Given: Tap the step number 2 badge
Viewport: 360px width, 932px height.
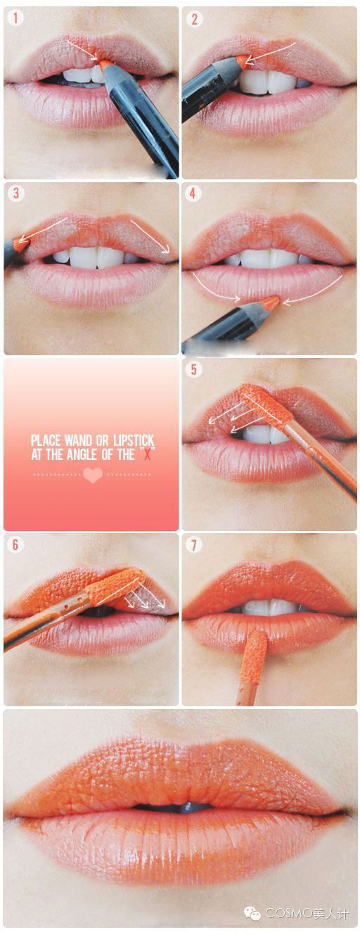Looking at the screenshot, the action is (195, 19).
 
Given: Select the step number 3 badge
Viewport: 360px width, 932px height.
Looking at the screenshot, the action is (15, 193).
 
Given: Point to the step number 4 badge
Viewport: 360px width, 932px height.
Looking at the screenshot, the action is (193, 193).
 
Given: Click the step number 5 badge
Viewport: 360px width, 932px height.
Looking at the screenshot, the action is (194, 369).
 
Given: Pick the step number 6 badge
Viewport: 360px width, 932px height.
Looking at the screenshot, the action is (15, 544).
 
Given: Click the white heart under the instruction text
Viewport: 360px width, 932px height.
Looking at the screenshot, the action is (93, 475).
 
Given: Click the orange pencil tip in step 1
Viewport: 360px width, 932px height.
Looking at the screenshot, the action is (105, 64).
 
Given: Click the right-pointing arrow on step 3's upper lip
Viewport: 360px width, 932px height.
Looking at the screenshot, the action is (151, 236).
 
